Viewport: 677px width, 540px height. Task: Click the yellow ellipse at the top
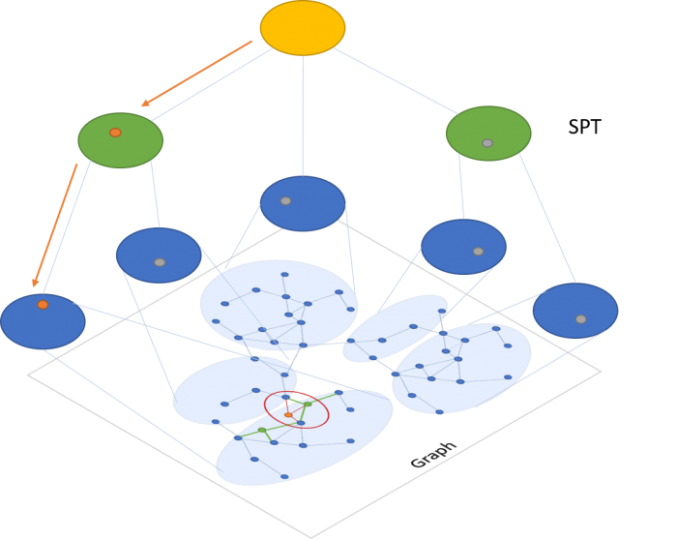(303, 28)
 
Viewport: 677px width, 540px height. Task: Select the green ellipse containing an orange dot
(121, 141)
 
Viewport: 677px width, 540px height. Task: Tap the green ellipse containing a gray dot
(488, 133)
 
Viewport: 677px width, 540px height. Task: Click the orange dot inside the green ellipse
(115, 133)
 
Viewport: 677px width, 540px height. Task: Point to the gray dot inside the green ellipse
(487, 143)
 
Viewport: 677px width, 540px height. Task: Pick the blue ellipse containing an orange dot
(43, 321)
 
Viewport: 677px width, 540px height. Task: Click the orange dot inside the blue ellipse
(43, 305)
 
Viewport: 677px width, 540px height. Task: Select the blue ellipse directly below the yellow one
(303, 204)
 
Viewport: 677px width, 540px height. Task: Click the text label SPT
(584, 127)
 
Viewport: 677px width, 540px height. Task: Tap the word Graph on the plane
(432, 455)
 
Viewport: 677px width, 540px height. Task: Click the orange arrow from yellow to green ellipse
(196, 74)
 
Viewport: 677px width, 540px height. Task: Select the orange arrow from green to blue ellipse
(55, 225)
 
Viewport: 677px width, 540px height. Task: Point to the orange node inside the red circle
(288, 415)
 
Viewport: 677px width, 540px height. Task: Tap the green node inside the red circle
(308, 404)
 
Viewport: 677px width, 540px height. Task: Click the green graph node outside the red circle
(261, 430)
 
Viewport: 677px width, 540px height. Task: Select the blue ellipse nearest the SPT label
(575, 311)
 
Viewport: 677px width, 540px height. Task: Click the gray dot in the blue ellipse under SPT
(580, 319)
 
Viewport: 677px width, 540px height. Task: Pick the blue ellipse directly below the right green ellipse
(463, 247)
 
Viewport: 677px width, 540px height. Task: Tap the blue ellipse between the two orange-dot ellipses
(159, 255)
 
